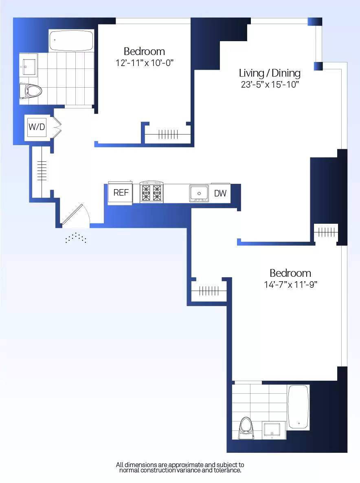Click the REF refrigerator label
121,193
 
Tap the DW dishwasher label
220,194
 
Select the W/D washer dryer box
37,127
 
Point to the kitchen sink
199,193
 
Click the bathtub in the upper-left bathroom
71,40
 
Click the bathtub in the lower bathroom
299,407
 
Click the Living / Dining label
270,73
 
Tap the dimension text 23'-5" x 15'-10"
270,85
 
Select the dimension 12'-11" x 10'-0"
145,63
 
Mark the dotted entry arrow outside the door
76,238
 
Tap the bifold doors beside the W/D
57,128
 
